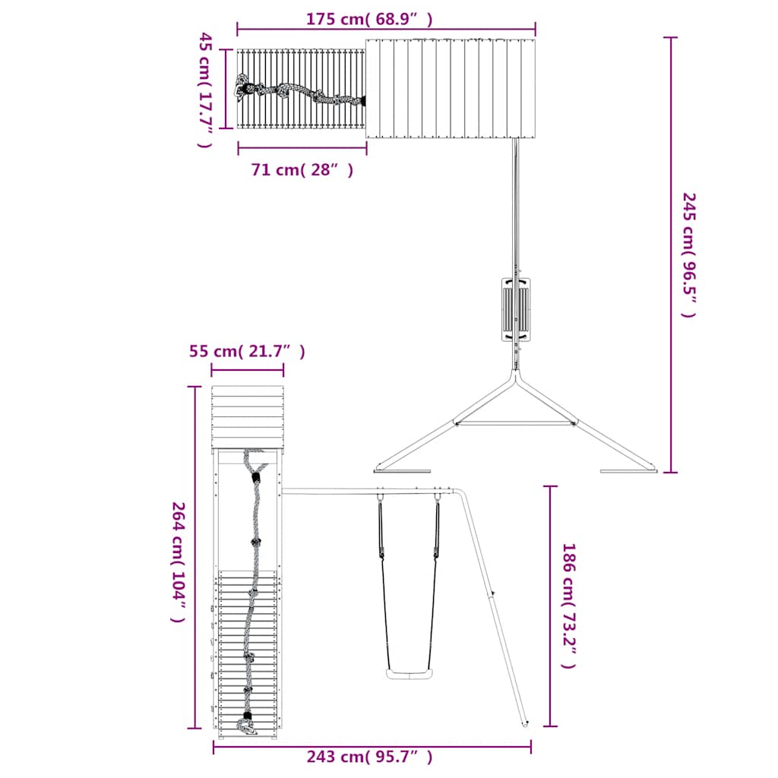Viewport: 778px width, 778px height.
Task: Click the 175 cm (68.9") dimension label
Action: [369, 19]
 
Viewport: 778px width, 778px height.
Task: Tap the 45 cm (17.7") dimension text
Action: [206, 90]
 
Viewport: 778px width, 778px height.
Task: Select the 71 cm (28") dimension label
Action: [302, 170]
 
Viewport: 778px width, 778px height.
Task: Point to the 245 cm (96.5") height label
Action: [689, 255]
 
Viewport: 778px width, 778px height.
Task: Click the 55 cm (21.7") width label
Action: [247, 351]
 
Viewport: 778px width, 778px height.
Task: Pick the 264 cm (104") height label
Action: [179, 562]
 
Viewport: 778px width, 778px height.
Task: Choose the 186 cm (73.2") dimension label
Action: [568, 606]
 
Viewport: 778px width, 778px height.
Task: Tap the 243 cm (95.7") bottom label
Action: [369, 757]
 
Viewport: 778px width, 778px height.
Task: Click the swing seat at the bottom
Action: [410, 674]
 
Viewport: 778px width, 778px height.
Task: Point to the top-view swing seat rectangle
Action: [516, 309]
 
